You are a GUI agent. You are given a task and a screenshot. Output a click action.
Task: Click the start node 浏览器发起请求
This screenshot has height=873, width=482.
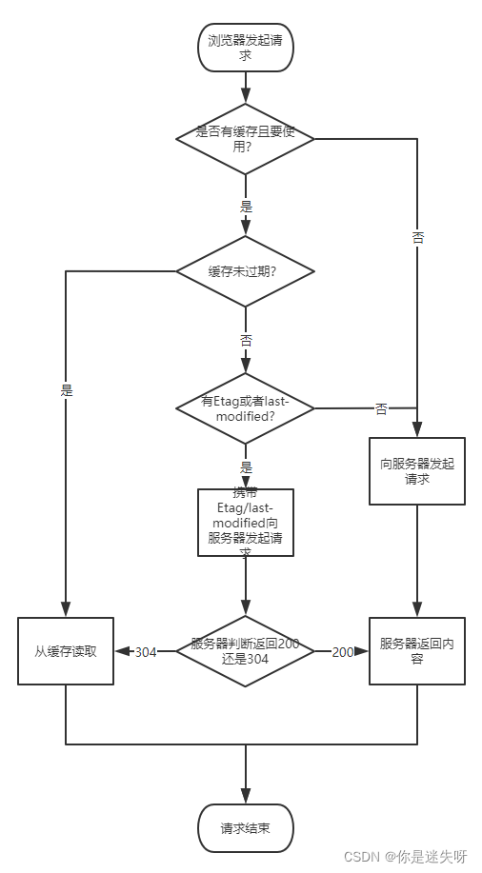coord(245,49)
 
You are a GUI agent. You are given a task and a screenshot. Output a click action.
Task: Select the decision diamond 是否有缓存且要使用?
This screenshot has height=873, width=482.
coord(245,139)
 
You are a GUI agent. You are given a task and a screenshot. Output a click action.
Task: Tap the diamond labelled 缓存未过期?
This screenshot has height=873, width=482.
coord(245,271)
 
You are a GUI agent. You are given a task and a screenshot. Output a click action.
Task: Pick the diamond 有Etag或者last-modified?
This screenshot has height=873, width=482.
coord(245,408)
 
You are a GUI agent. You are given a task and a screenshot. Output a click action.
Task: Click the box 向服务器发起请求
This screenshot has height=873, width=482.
coord(417,471)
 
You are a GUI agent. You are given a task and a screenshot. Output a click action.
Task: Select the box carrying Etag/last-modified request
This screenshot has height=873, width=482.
coord(245,523)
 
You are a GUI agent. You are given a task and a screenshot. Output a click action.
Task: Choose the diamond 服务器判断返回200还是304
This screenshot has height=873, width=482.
coord(245,651)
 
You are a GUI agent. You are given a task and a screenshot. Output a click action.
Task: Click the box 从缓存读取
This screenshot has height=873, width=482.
coord(65,651)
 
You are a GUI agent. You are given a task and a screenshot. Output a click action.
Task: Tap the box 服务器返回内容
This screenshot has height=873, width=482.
coord(417,651)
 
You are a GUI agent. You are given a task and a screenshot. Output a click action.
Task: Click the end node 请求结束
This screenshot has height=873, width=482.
coord(245,827)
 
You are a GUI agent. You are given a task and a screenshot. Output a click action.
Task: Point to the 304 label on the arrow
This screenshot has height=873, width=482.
coord(145,652)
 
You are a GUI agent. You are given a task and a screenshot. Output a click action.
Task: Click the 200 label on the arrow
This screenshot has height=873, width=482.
coord(343,652)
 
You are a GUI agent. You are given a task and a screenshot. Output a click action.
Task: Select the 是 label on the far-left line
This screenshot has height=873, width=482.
coord(66,390)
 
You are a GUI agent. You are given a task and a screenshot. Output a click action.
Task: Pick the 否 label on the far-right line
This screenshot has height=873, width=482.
coord(417,238)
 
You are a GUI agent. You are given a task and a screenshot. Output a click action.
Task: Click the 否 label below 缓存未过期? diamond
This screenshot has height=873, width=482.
coord(246,340)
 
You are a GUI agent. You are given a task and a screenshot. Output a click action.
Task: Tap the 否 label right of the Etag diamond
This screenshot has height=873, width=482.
coord(381,409)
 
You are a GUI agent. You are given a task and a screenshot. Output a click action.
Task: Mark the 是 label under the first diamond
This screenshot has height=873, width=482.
coord(246,205)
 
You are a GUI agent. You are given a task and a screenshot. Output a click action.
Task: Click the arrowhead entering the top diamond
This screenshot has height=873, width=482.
coord(245,97)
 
